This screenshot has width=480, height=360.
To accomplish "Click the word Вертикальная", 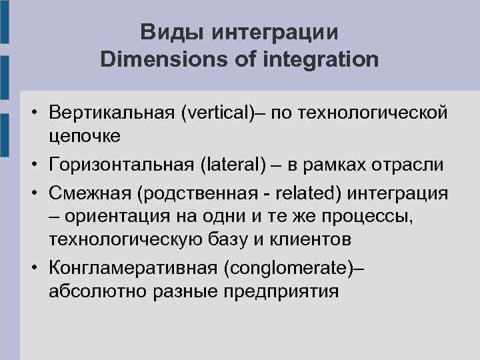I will tap(111, 113).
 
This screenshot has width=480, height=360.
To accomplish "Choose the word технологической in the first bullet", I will tap(373, 113).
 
